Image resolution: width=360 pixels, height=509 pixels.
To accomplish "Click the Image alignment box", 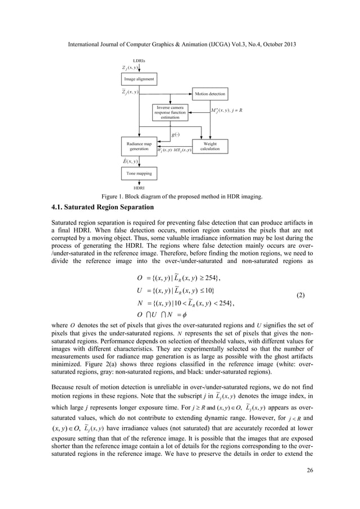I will click(x=139, y=80).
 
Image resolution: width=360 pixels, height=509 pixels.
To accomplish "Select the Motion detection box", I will click(x=210, y=93).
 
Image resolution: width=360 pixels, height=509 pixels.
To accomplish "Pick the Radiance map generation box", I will click(x=139, y=146).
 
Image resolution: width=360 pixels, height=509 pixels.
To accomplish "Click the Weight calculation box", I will click(x=210, y=146).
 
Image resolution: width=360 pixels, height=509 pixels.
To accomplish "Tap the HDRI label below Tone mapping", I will click(x=139, y=187).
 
